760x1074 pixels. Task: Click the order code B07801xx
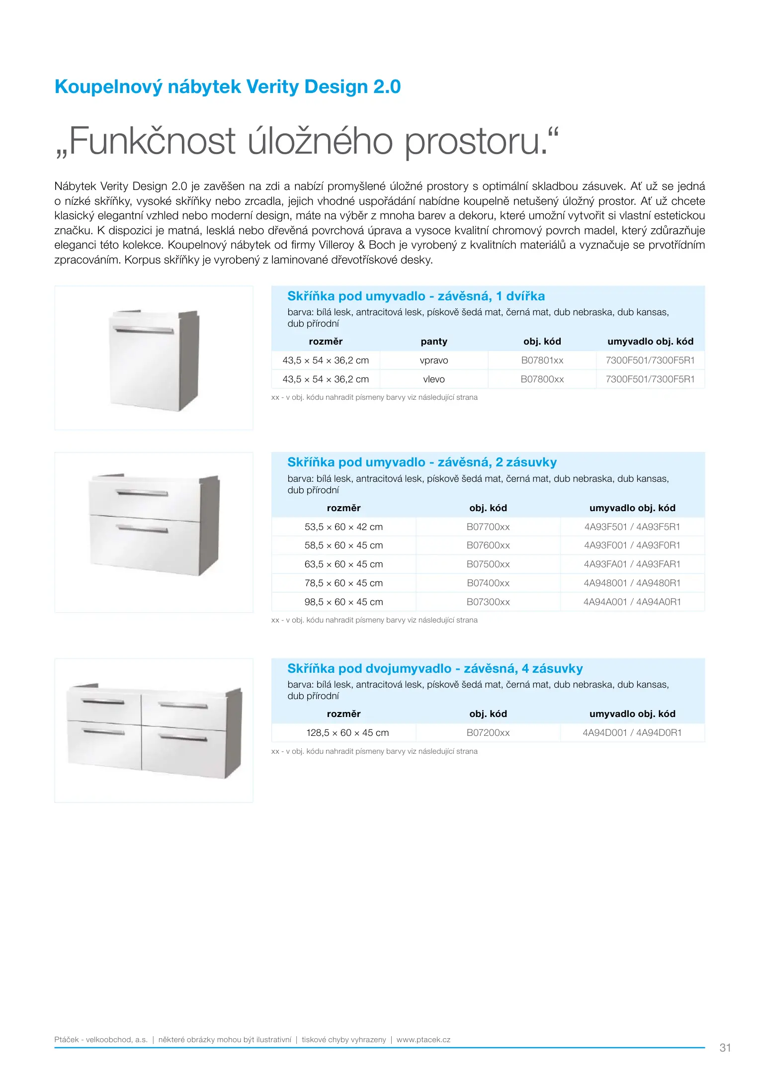[x=542, y=360]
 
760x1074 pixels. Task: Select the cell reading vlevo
[x=434, y=379]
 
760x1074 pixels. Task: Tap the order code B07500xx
[x=488, y=564]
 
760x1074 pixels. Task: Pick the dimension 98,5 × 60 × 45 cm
[x=343, y=602]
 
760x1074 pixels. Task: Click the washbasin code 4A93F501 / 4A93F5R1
[x=632, y=527]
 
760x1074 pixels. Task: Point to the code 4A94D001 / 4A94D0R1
[x=632, y=733]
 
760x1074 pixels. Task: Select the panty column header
[x=434, y=342]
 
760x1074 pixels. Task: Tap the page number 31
[x=725, y=1048]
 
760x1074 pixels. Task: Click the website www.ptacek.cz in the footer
[x=423, y=1040]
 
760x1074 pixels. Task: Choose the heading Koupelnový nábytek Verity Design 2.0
[x=228, y=87]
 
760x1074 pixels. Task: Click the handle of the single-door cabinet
[x=144, y=330]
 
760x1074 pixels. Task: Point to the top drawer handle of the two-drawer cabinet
[x=142, y=493]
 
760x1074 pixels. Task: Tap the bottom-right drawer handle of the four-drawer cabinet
[x=183, y=737]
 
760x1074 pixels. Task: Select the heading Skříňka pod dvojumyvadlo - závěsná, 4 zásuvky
[x=435, y=669]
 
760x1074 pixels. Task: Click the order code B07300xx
[x=488, y=602]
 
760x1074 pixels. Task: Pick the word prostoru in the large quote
[x=481, y=142]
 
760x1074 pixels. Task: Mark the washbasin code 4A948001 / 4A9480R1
[x=632, y=583]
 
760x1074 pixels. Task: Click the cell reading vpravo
[x=434, y=360]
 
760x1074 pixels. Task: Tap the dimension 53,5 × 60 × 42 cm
[x=343, y=527]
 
